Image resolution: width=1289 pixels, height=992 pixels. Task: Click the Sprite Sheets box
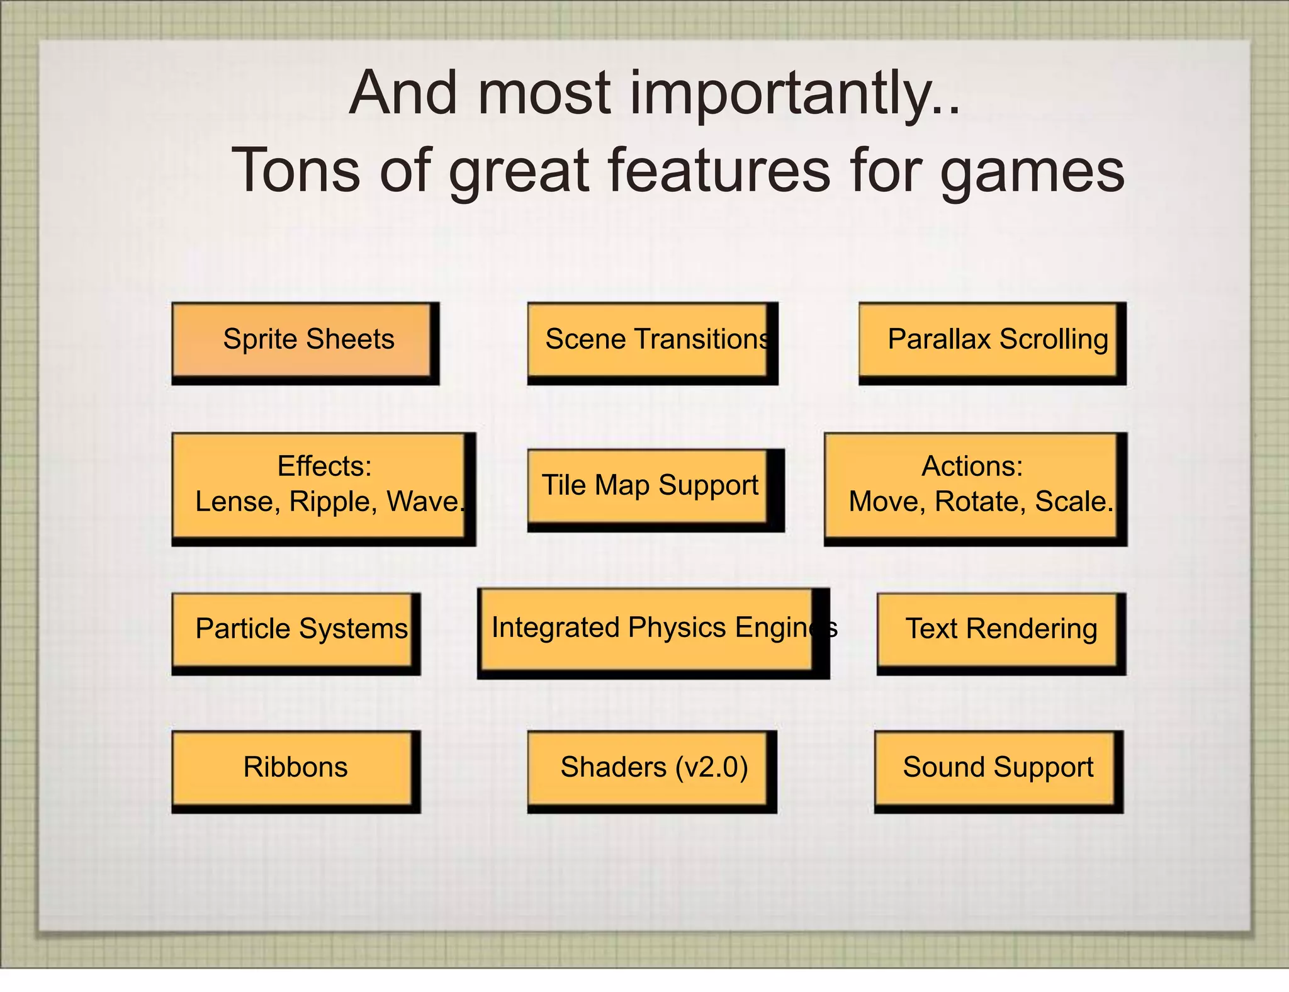[303, 341]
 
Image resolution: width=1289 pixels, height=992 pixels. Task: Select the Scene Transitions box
[648, 341]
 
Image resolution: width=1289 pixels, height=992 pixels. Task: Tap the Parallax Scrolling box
[989, 341]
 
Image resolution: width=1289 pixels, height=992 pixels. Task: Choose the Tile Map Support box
[648, 486]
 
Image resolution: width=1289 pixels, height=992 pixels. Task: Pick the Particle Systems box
[293, 630]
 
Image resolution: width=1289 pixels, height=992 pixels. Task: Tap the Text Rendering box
[998, 630]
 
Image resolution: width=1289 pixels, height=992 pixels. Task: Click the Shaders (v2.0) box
[648, 768]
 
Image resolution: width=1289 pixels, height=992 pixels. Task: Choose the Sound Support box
[995, 768]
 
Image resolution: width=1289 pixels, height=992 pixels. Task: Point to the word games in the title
[1032, 172]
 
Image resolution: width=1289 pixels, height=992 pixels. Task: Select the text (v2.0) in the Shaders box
[711, 768]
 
